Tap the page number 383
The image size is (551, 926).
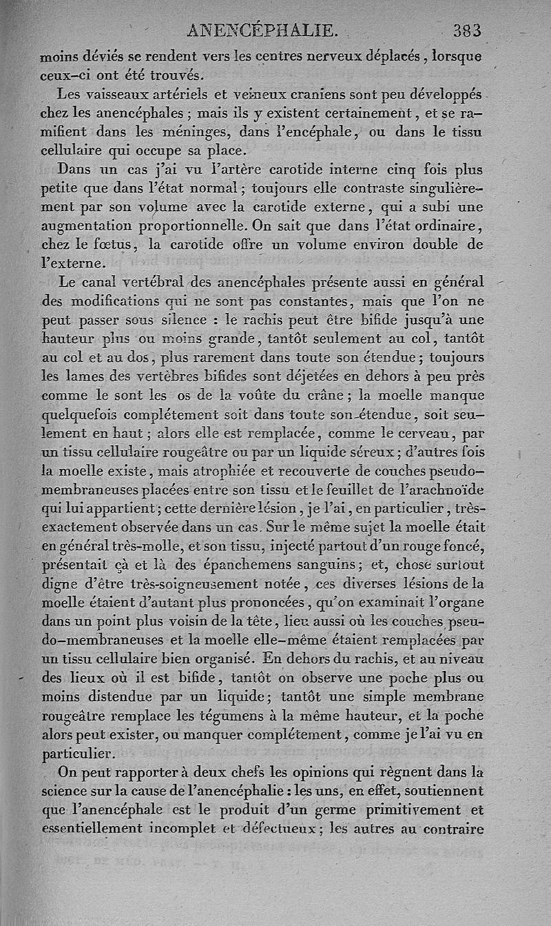click(467, 30)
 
